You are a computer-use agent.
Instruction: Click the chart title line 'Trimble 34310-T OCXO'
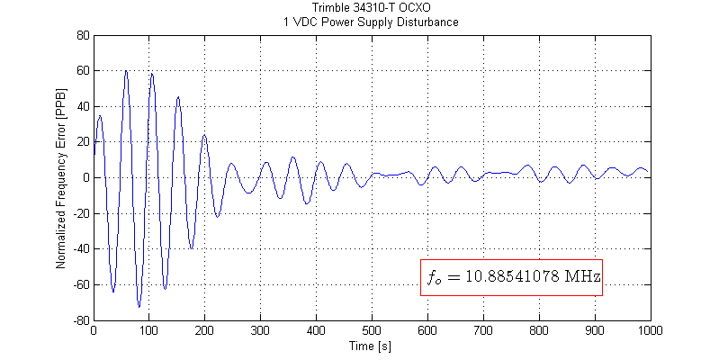(371, 9)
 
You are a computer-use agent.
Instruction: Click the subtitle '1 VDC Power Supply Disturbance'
(371, 22)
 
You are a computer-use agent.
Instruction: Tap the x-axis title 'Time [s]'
(371, 345)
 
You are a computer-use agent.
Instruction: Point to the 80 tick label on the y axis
(83, 36)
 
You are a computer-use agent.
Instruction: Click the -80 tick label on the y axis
(81, 320)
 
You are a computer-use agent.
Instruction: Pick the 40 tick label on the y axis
(83, 107)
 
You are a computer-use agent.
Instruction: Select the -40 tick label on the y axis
(81, 249)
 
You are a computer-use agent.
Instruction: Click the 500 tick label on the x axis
(371, 331)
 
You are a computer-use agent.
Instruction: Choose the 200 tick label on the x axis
(204, 331)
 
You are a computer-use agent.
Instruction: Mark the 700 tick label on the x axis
(482, 331)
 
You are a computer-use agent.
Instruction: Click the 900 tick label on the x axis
(593, 331)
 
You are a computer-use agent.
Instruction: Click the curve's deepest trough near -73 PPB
(139, 307)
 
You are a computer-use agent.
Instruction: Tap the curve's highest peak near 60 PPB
(126, 71)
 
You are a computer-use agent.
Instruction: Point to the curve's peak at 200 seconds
(204, 135)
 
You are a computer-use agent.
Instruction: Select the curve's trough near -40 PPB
(191, 247)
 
